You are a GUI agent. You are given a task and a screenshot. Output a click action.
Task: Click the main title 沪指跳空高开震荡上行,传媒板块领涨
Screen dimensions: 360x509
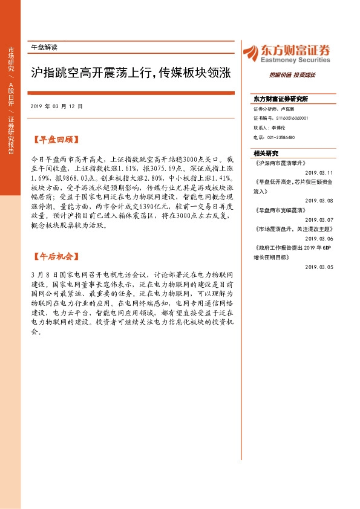130,74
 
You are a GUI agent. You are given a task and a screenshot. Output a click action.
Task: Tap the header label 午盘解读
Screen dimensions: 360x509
43,47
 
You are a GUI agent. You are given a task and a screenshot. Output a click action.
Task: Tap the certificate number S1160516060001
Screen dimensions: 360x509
289,118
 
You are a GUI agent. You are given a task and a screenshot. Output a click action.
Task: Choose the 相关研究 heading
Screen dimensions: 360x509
267,154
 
